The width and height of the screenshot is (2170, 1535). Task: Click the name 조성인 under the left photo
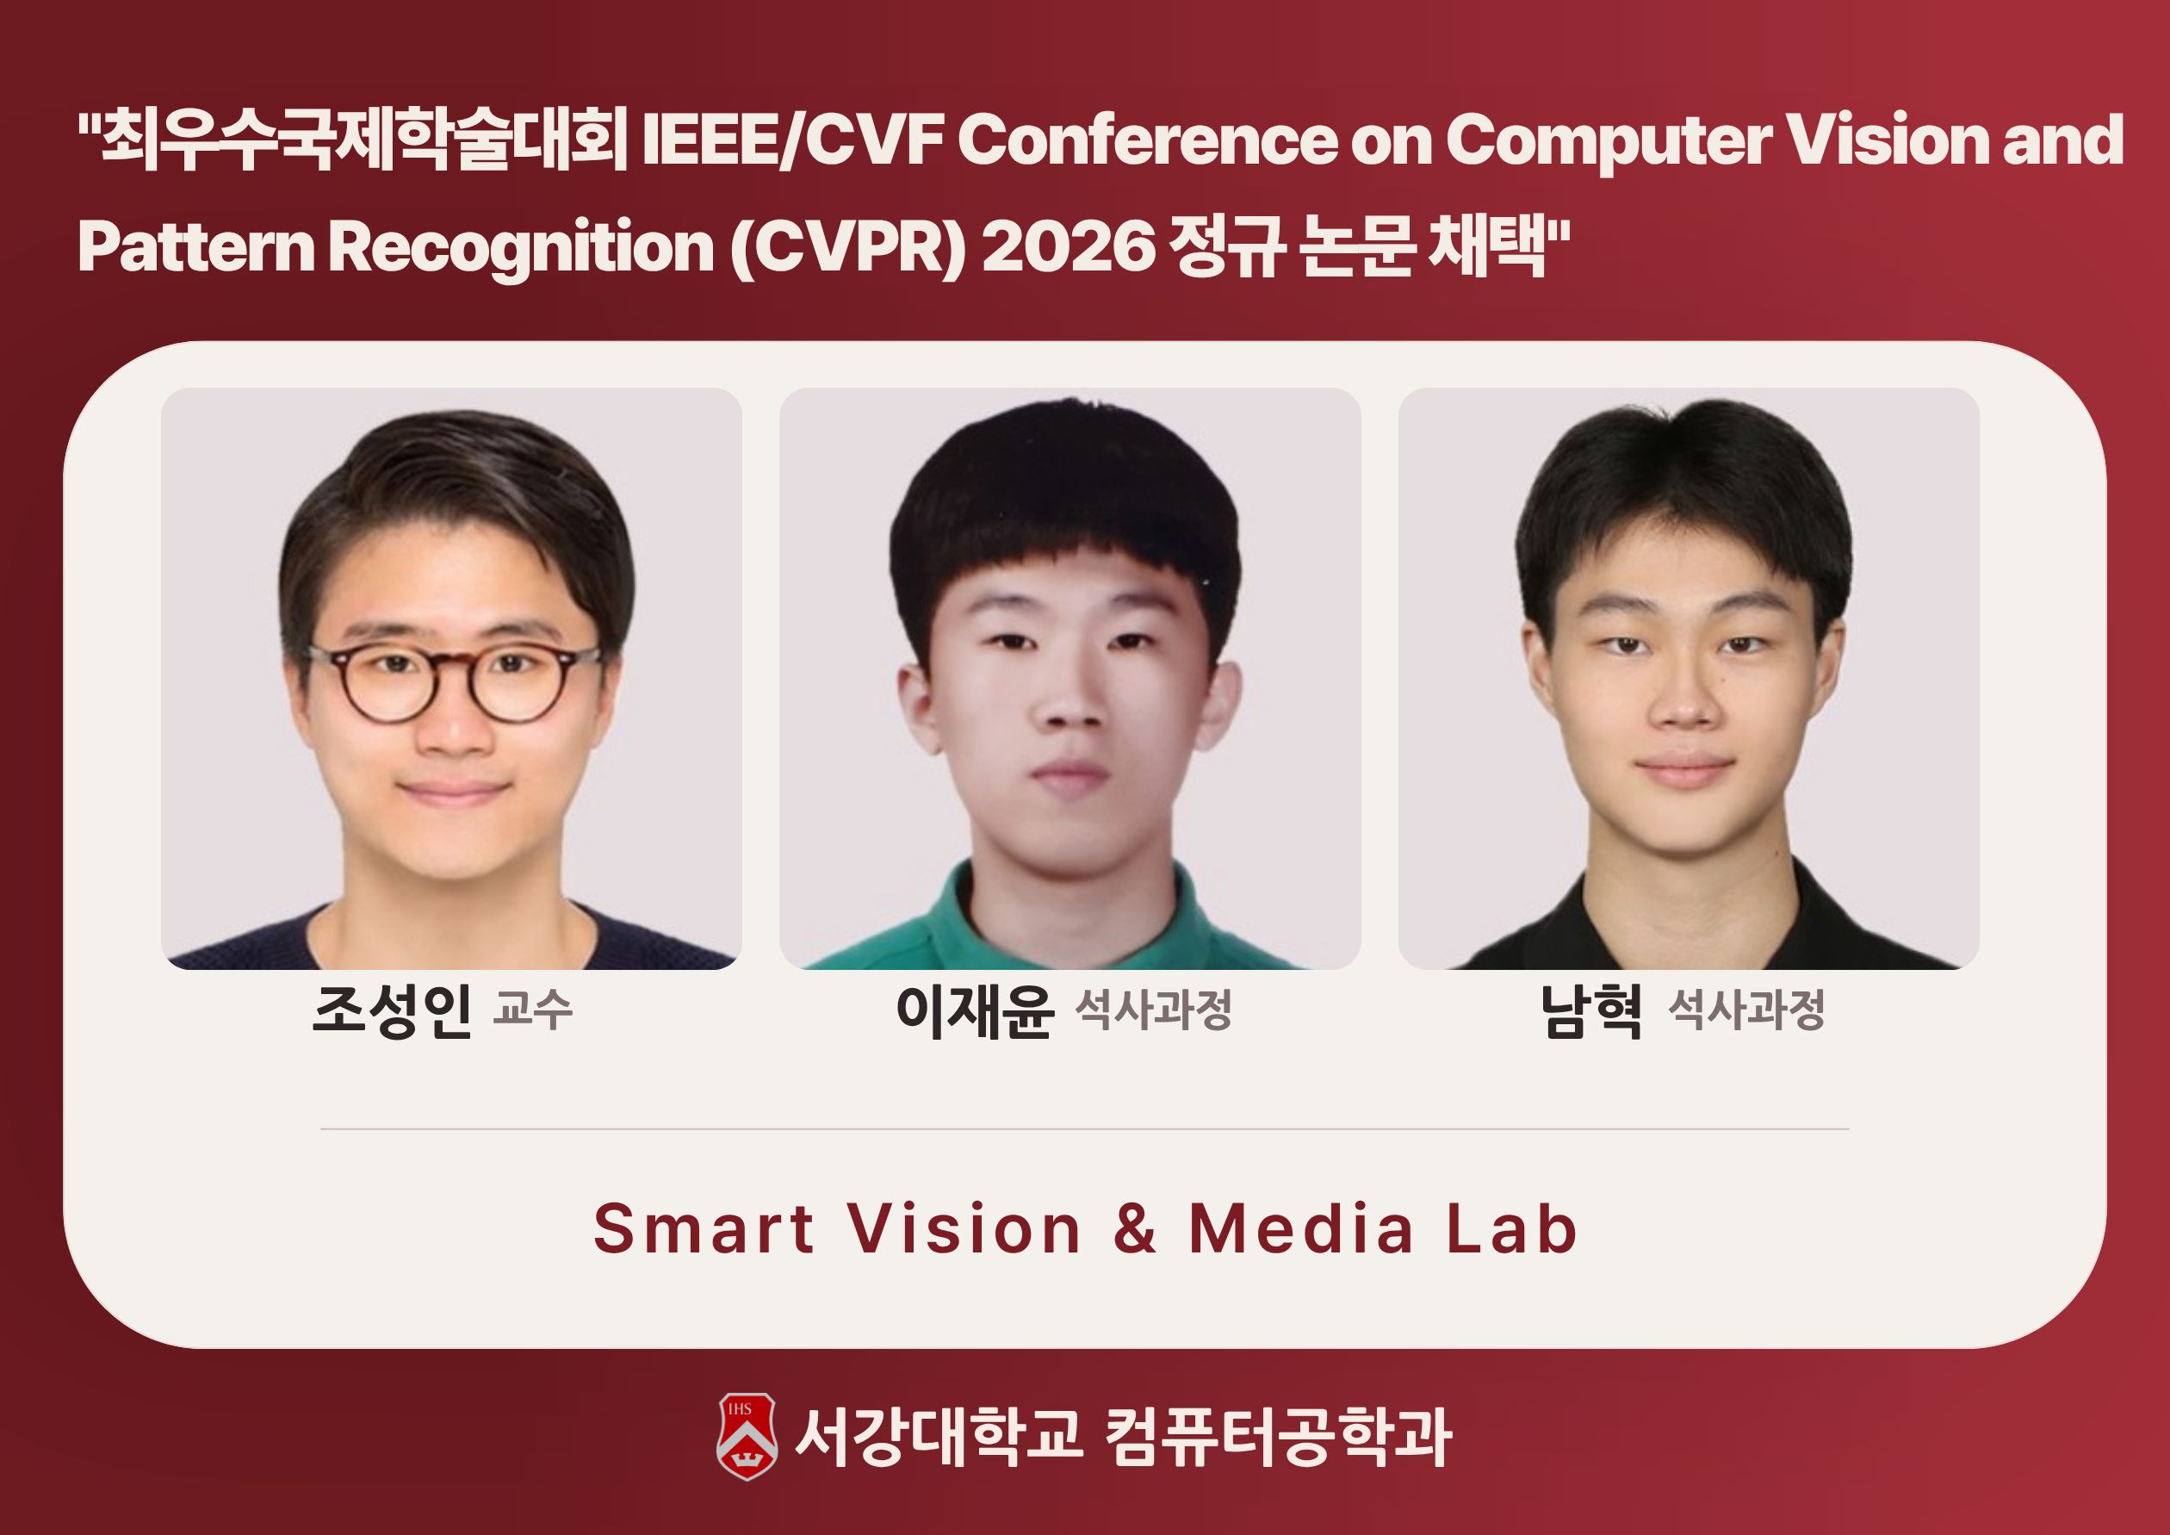[391, 1011]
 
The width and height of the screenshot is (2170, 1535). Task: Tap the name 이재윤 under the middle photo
[975, 1011]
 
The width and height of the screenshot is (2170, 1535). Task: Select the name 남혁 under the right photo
[1591, 1011]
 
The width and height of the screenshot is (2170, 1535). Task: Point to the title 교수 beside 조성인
[533, 1010]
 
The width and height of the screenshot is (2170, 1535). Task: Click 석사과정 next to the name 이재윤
[1154, 1010]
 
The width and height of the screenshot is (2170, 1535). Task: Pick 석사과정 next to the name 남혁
[1746, 1010]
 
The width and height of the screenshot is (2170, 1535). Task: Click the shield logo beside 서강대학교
[747, 1436]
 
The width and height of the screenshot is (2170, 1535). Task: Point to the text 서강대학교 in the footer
[939, 1436]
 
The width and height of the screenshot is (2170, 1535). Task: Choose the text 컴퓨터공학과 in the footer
[1278, 1436]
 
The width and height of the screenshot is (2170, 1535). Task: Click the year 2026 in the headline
[1069, 246]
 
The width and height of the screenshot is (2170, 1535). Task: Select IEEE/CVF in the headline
[794, 140]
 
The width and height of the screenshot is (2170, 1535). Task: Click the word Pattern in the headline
[195, 246]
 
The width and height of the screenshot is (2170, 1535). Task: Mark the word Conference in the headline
[1147, 140]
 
